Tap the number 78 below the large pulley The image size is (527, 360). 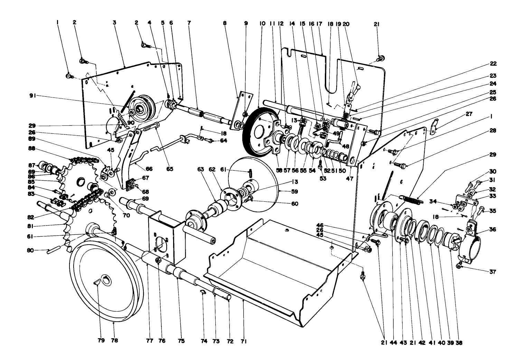pyautogui.click(x=114, y=341)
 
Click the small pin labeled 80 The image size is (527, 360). pyautogui.click(x=54, y=249)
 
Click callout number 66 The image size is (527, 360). pyautogui.click(x=149, y=169)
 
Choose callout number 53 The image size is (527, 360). pyautogui.click(x=323, y=178)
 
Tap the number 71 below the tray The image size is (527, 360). pyautogui.click(x=244, y=341)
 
